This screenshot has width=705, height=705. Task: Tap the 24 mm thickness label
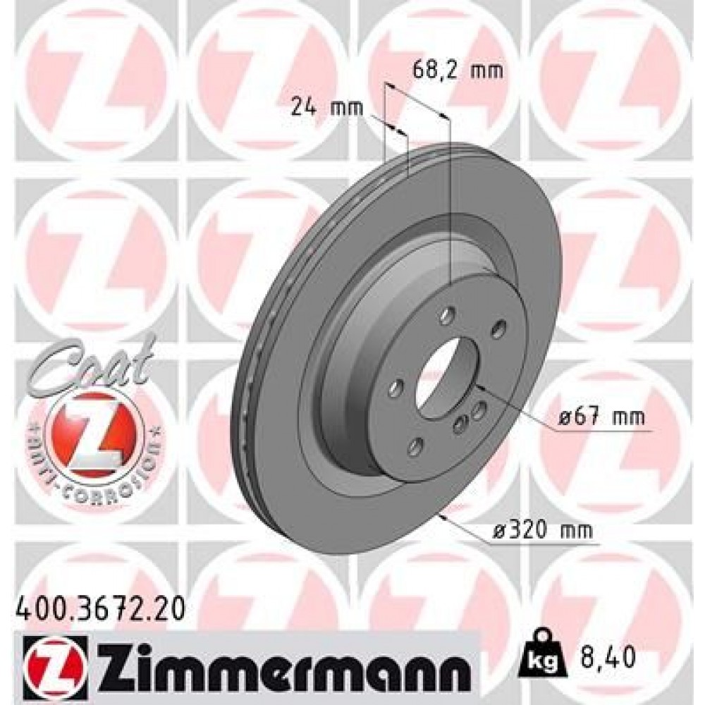(x=327, y=108)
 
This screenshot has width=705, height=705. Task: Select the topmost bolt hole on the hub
(x=446, y=319)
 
